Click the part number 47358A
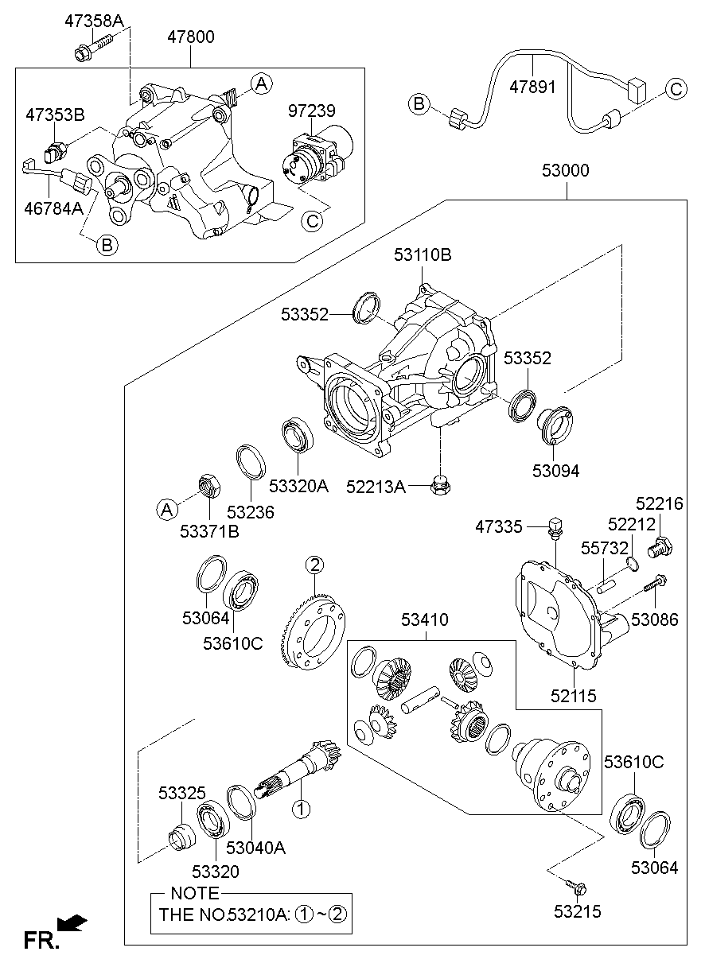pos(94,21)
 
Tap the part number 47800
pos(190,37)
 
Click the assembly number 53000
pos(566,170)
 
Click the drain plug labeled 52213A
pos(438,483)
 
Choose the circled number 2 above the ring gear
pos(316,565)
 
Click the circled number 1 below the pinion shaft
pos(301,810)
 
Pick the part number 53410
pos(424,619)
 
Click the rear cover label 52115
pos(575,697)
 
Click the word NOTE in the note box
pos(194,893)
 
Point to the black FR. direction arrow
pos(74,923)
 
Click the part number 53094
pos(556,471)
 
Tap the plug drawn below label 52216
pos(659,546)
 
